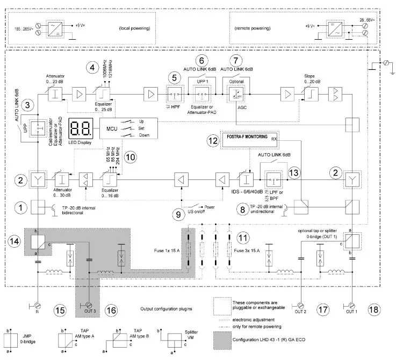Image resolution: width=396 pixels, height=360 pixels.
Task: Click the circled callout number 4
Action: click(93, 69)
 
